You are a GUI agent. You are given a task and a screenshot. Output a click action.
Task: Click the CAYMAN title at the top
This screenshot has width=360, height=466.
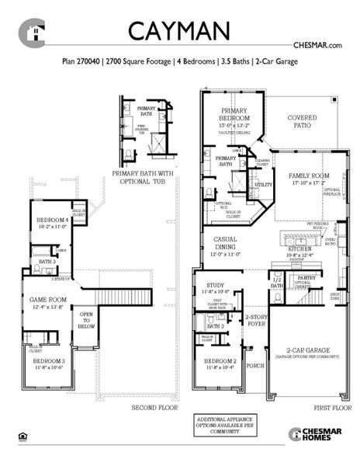[x=178, y=30]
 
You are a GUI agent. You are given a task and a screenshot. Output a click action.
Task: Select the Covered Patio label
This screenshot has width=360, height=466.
[x=303, y=122]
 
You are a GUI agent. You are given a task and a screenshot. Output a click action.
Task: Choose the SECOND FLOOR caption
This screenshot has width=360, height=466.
[x=154, y=406]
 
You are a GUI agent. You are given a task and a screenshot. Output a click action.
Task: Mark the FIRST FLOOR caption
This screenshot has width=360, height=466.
[x=330, y=406]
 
